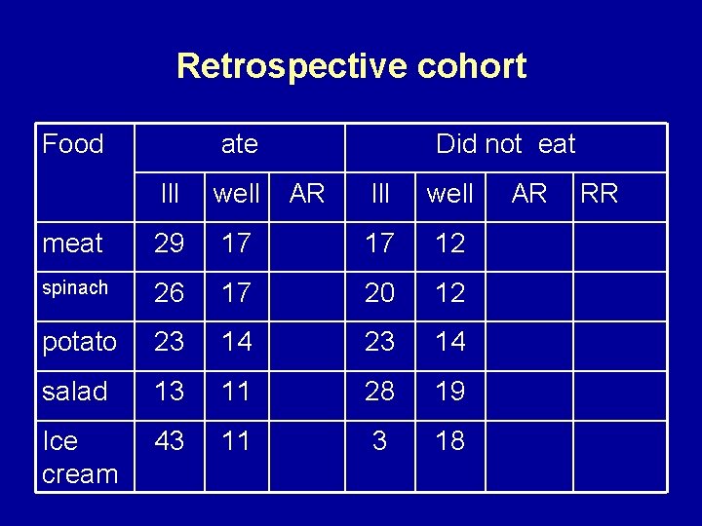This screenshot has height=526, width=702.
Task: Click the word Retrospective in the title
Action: click(282, 66)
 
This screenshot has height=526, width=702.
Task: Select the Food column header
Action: click(73, 145)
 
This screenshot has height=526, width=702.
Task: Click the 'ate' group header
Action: click(239, 145)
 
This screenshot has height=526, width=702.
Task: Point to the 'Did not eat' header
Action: click(505, 145)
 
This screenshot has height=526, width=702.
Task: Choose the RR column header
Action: click(599, 193)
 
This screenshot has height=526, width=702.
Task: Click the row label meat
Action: click(72, 244)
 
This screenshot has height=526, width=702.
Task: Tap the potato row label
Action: click(79, 343)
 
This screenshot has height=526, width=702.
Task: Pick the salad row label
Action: click(74, 392)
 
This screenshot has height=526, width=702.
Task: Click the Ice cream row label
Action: click(79, 458)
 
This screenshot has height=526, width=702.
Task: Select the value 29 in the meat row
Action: click(170, 244)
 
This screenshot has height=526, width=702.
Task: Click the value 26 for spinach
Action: click(170, 293)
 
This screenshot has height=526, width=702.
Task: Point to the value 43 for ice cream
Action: click(170, 441)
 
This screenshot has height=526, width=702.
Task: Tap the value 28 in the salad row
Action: click(379, 392)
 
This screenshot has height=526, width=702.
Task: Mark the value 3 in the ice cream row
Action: click(379, 441)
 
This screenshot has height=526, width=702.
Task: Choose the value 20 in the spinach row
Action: click(379, 293)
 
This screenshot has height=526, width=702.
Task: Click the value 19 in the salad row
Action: click(449, 392)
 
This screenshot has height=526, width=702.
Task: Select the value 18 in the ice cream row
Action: click(449, 441)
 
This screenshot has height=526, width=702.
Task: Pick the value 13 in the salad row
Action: click(170, 392)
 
